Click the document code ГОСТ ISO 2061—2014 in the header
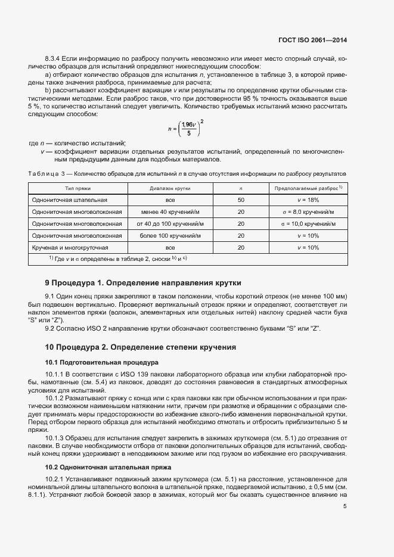click(312, 40)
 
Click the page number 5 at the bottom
click(345, 506)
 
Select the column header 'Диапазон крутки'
click(170, 188)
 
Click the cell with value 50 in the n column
click(241, 200)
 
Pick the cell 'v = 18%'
click(308, 200)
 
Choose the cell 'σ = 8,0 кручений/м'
click(308, 212)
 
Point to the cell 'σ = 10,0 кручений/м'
click(308, 224)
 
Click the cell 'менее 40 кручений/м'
click(170, 212)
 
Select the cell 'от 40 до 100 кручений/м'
click(170, 224)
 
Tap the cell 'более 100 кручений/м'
click(170, 236)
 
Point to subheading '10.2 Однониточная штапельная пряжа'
click(108, 468)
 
